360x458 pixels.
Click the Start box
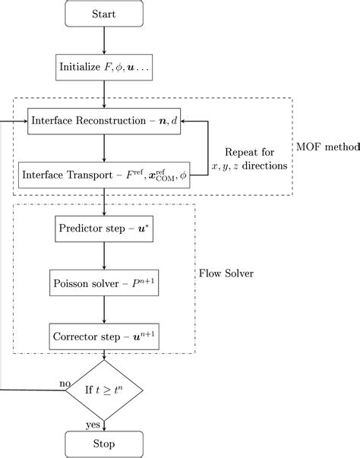104,14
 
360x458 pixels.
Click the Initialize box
104,67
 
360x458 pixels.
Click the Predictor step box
104,227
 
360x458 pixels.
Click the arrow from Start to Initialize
104,40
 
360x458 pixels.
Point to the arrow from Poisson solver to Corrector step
104,307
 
